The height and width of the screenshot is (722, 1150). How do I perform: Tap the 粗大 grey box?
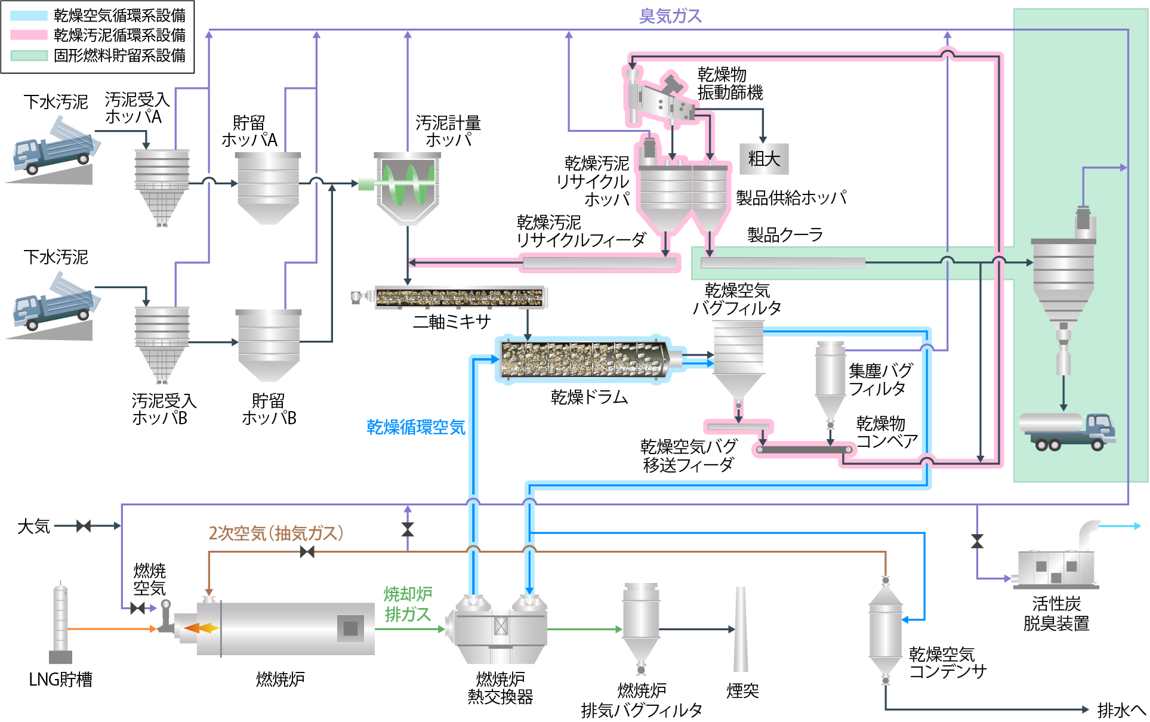pos(764,159)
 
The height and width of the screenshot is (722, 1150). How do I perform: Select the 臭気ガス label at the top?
pos(670,16)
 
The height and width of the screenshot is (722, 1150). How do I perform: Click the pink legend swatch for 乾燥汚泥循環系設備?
pos(29,35)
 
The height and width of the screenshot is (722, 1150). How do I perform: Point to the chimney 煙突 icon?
pos(741,630)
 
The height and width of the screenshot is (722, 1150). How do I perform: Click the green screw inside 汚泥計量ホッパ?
pos(409,184)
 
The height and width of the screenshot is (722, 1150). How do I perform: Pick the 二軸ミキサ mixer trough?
pos(460,297)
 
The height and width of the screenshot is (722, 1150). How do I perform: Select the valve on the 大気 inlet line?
pos(84,526)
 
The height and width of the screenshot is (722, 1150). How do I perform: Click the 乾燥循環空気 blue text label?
pos(415,427)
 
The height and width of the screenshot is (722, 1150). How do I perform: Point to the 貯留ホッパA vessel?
pos(268,187)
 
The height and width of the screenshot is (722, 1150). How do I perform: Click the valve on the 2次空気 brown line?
pos(307,552)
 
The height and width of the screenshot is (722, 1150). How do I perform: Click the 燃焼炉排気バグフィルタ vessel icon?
pos(641,624)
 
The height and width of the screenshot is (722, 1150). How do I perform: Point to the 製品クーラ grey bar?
pos(782,263)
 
